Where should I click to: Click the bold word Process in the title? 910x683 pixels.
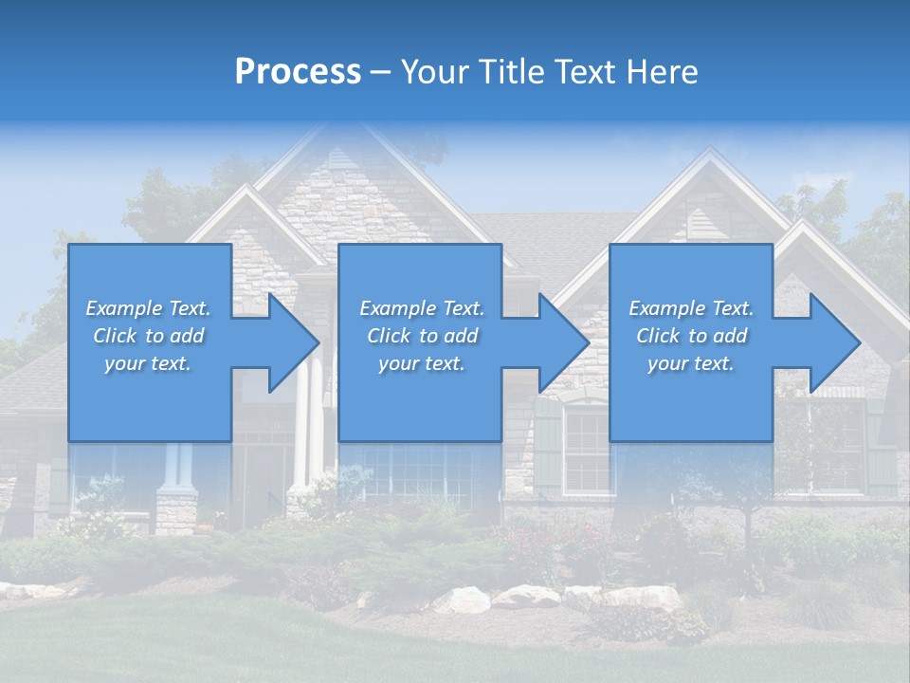298,72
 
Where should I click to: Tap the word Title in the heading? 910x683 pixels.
510,72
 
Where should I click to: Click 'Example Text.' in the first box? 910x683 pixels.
148,308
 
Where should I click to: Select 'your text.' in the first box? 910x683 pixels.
148,363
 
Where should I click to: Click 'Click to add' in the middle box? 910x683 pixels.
422,336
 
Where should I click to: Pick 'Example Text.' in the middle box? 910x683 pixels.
422,308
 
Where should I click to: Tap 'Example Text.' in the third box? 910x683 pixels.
691,308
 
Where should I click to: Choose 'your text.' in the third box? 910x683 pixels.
691,363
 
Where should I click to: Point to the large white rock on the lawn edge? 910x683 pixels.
463,599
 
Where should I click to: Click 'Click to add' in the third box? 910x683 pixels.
691,336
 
